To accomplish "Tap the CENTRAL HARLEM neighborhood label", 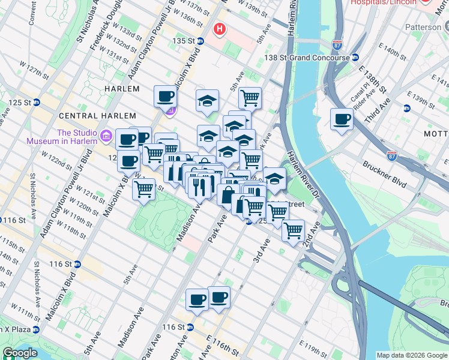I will tap(91, 115).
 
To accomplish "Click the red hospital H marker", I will tap(220, 29).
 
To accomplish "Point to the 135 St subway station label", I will tap(184, 41).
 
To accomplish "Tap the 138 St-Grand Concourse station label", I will tap(307, 58).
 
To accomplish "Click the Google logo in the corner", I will tap(19, 353).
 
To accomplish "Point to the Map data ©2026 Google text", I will tap(412, 355).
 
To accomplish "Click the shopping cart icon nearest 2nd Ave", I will tap(293, 230).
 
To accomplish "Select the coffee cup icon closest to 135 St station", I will tap(165, 96).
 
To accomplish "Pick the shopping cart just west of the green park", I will tap(143, 188).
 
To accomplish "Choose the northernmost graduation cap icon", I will tap(207, 100).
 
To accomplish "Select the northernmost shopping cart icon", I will tap(250, 97).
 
